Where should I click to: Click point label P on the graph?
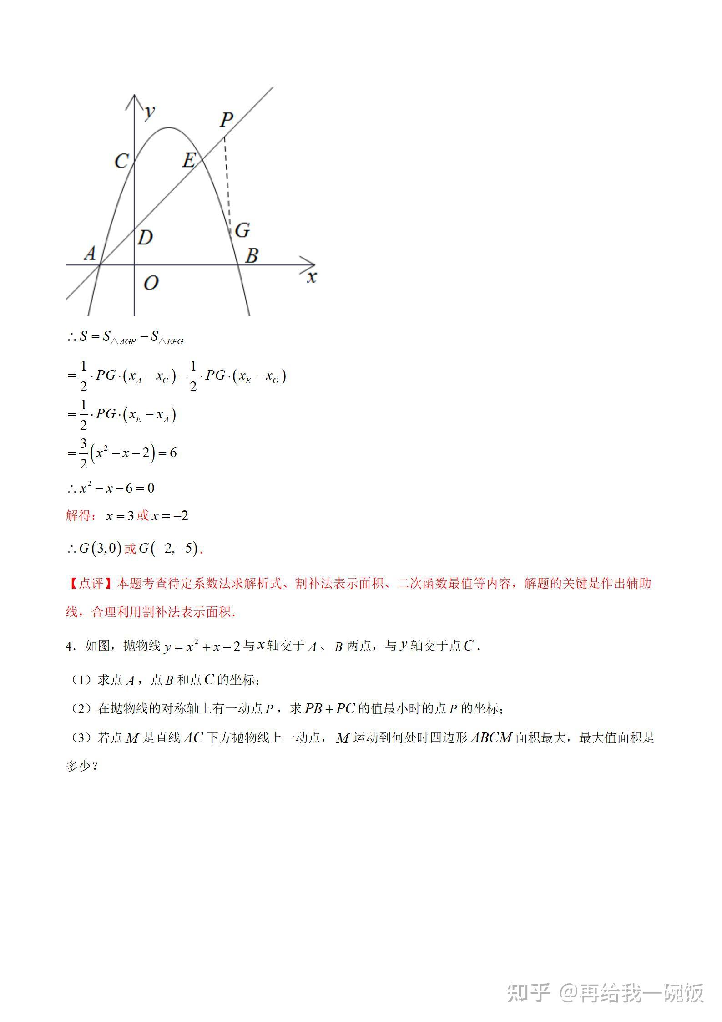click(226, 120)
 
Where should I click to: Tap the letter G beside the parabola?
click(242, 230)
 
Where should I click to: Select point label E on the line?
click(189, 160)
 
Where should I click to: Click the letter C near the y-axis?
click(121, 161)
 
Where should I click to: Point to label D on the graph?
click(145, 237)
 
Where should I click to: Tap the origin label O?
click(151, 283)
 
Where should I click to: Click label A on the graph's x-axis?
click(90, 253)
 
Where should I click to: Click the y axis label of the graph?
click(149, 111)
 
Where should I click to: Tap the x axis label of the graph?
click(311, 277)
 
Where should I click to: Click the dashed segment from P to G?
click(227, 182)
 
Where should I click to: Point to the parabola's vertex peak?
click(169, 127)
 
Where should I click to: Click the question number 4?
click(69, 646)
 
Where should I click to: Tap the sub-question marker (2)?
click(80, 709)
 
